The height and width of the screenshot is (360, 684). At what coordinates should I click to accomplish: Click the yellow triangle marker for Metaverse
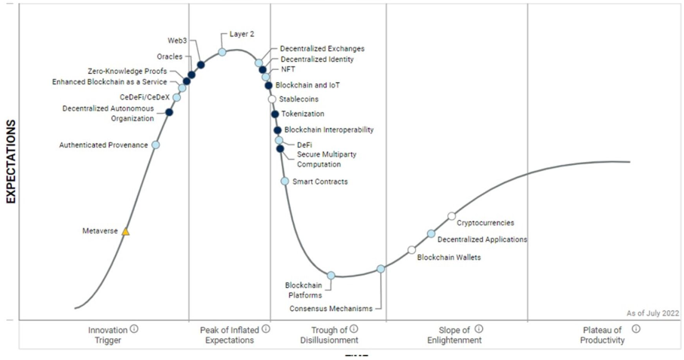tap(126, 232)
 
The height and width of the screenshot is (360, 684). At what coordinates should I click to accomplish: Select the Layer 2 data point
tap(222, 52)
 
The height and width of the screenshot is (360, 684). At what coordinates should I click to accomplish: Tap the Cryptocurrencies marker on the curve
tap(451, 216)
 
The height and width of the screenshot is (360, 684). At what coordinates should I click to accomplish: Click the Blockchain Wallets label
tap(449, 258)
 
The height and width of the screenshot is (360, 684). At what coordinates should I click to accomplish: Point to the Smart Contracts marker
tap(285, 181)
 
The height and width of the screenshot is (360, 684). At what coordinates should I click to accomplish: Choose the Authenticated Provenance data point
tap(156, 145)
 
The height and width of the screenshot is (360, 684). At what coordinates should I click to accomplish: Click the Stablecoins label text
tap(298, 99)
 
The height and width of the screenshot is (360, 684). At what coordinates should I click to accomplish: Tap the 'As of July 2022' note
tap(652, 313)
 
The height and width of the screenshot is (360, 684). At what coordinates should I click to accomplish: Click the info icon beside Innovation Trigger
tap(134, 329)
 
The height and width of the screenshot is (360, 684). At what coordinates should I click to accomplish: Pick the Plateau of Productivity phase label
tap(603, 335)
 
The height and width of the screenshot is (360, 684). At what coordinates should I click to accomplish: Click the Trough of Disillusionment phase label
tap(329, 335)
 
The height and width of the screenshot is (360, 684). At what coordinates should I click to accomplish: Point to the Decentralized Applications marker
tap(431, 233)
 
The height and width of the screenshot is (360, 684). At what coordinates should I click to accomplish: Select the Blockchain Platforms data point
tap(331, 276)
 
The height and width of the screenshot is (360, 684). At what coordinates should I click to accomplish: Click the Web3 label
tap(177, 40)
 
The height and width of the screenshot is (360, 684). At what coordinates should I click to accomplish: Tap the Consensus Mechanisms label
tap(331, 308)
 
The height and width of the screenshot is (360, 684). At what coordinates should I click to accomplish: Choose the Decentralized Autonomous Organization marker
tap(169, 112)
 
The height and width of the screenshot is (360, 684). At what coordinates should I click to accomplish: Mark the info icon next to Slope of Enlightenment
tap(479, 329)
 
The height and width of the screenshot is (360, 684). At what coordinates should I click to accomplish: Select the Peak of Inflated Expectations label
tap(227, 335)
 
